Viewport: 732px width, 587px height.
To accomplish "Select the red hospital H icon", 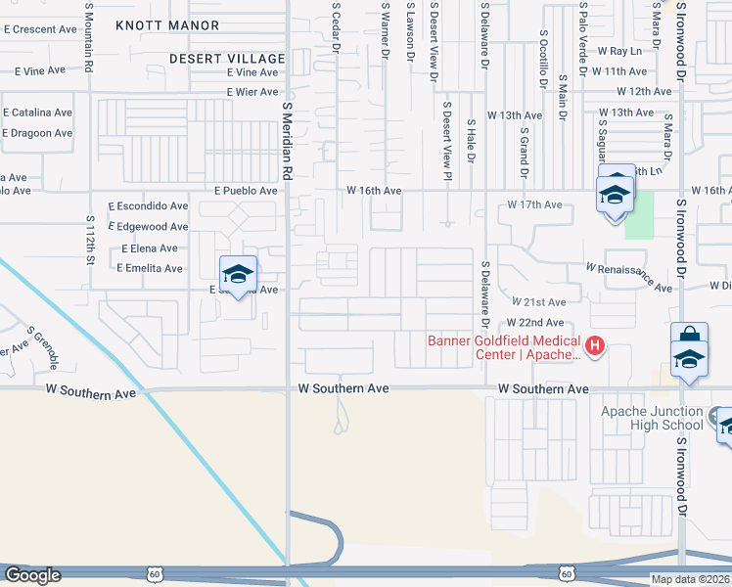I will [x=592, y=344].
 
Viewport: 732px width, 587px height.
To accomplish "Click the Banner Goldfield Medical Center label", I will [x=503, y=347].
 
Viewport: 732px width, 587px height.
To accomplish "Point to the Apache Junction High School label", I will [x=652, y=418].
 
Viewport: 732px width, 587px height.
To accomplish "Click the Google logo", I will [x=32, y=575].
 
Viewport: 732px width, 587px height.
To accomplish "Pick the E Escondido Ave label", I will [x=149, y=206].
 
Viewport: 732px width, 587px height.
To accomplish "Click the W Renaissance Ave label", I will [x=629, y=277].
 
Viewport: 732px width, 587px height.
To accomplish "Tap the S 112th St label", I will [x=90, y=240].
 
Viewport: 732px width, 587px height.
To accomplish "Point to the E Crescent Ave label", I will [x=40, y=29].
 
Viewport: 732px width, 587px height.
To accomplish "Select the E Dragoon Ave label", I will [x=36, y=133].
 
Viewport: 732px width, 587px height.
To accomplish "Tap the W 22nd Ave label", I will [x=535, y=323].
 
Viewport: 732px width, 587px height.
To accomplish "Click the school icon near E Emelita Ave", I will [x=238, y=275].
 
